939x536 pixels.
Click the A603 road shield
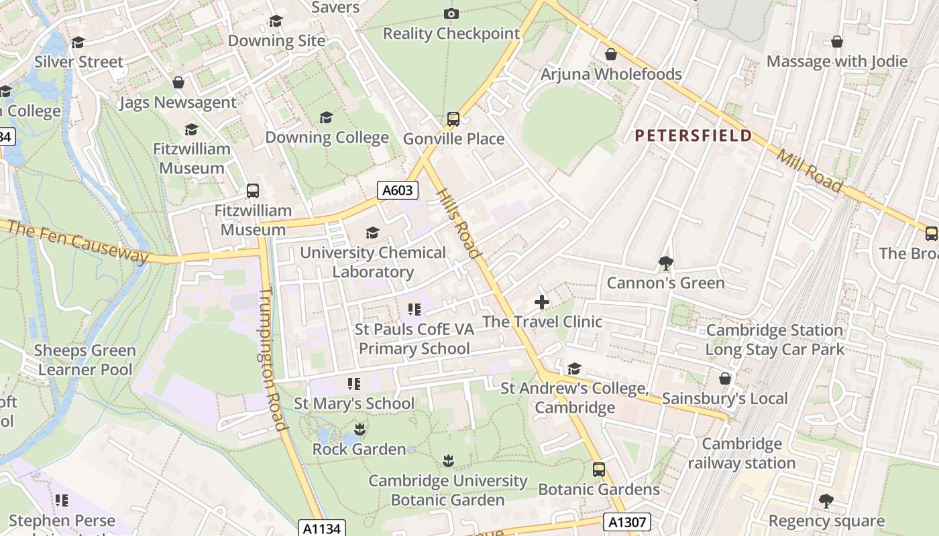point(397,190)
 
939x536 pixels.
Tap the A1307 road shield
point(627,522)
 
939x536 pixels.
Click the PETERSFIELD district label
point(694,136)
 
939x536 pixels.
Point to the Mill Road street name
point(810,170)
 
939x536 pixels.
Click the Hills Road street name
point(459,223)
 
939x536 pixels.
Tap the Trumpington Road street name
point(272,359)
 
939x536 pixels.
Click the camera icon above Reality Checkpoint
point(451,13)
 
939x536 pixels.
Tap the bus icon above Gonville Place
point(453,119)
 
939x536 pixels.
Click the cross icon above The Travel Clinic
point(542,302)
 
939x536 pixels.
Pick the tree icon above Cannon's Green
point(665,263)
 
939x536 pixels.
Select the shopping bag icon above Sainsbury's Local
point(725,379)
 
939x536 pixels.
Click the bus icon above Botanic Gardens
point(599,470)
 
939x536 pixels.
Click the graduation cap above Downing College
point(327,118)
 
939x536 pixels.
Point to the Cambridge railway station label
point(742,454)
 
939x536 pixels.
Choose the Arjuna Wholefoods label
point(611,74)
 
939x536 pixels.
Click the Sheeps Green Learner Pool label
point(85,360)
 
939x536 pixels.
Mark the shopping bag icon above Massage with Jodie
point(837,42)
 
